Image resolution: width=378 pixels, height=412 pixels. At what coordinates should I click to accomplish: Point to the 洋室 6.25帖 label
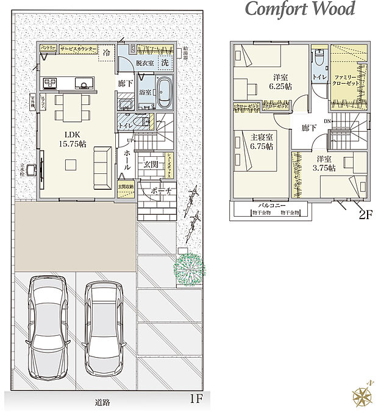(x=280, y=82)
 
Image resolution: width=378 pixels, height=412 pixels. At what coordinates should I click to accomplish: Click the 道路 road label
(x=102, y=402)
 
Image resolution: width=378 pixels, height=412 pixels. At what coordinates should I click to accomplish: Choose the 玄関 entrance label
(x=151, y=164)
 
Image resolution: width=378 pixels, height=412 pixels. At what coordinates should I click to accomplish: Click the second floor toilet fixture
(x=319, y=61)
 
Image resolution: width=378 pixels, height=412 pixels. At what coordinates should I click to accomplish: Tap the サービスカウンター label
(x=77, y=47)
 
